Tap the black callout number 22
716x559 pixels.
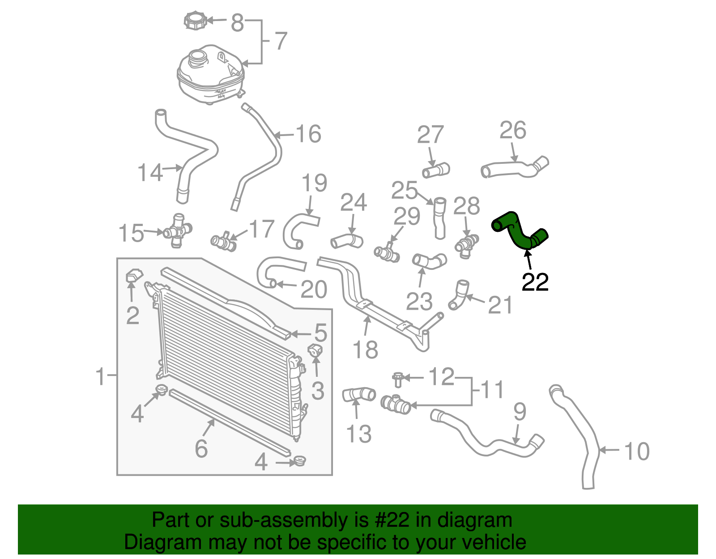(x=535, y=282)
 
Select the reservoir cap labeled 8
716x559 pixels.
(x=196, y=21)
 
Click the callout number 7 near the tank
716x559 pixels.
(x=280, y=41)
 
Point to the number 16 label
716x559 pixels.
(x=308, y=134)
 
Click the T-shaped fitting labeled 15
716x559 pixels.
(x=178, y=230)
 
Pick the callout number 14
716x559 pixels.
(x=150, y=173)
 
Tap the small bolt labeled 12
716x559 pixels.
(x=397, y=379)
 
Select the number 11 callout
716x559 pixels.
(x=492, y=390)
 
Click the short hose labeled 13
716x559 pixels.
(x=358, y=395)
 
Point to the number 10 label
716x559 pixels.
(x=636, y=451)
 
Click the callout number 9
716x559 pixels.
(x=520, y=411)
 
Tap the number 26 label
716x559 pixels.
(x=513, y=131)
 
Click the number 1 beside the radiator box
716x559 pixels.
(x=101, y=376)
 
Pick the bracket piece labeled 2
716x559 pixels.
(x=133, y=276)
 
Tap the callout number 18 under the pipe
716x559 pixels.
(x=365, y=350)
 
